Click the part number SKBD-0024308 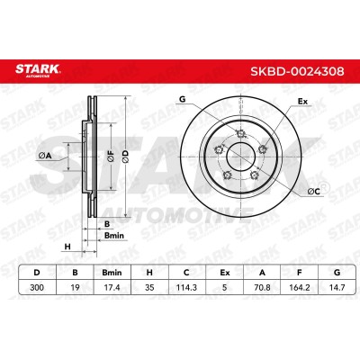[x=297, y=71]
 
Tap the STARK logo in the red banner [x=38, y=70]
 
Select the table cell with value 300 [x=37, y=287]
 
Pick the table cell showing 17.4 [x=112, y=287]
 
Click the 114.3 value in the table [x=186, y=287]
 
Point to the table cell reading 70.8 [x=262, y=287]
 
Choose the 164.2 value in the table [x=299, y=287]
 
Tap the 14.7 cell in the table [x=337, y=287]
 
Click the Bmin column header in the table [x=112, y=273]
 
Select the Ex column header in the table [x=224, y=273]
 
